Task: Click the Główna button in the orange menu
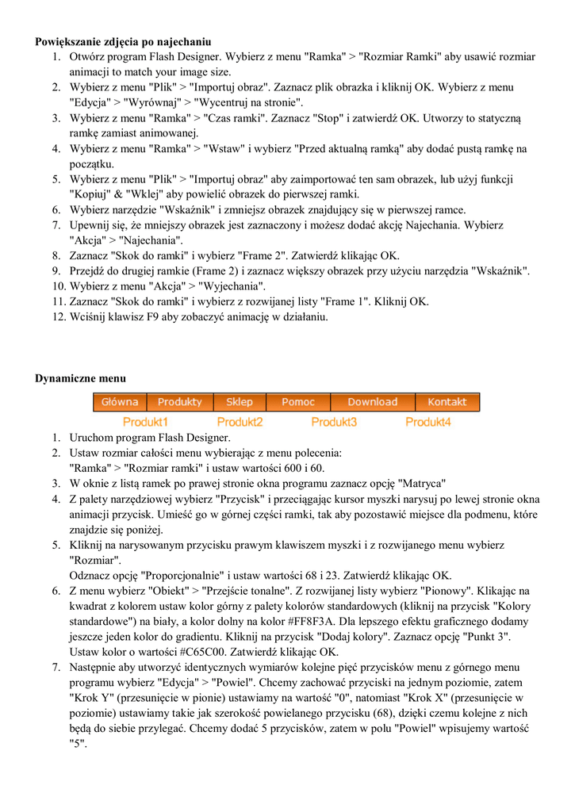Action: [x=120, y=402]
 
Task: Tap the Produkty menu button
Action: [x=179, y=402]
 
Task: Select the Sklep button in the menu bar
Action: [x=239, y=402]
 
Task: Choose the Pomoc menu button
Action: [x=298, y=402]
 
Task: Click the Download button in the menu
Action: [x=372, y=402]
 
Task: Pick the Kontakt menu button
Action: [x=447, y=402]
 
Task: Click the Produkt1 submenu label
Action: [x=145, y=422]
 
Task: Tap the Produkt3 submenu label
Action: [x=334, y=422]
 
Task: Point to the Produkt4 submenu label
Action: [x=427, y=422]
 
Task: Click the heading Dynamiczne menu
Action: [x=80, y=378]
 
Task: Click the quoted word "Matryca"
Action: [x=421, y=483]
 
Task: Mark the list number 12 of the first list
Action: [x=58, y=316]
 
